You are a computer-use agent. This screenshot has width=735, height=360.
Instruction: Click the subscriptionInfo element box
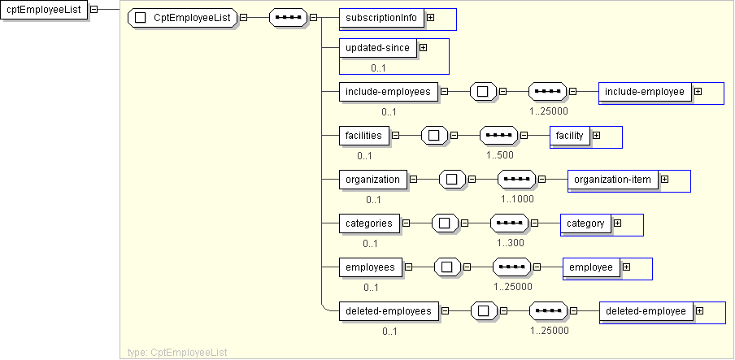[x=381, y=17]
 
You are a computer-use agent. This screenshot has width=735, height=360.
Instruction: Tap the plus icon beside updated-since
[x=423, y=48]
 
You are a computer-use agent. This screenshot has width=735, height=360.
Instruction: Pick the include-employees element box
[x=388, y=92]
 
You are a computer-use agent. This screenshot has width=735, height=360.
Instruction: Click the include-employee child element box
[x=644, y=92]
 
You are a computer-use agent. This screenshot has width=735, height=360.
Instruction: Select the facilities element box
[x=363, y=136]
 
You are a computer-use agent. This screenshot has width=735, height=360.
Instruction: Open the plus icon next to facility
[x=596, y=136]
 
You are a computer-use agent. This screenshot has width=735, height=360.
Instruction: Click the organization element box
[x=372, y=180]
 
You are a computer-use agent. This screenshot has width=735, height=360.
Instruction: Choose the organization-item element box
[x=612, y=180]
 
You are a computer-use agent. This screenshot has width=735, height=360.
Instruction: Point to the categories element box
[x=369, y=223]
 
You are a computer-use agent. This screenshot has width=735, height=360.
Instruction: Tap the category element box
[x=585, y=223]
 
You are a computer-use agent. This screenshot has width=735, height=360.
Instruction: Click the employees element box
[x=370, y=267]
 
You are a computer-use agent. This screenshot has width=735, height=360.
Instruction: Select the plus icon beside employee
[x=626, y=267]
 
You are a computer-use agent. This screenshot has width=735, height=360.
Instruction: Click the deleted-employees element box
[x=389, y=311]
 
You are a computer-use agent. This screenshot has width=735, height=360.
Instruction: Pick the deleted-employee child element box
[x=646, y=311]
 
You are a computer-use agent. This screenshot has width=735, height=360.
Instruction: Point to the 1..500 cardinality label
[x=500, y=155]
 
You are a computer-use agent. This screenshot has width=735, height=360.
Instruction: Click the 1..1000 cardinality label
[x=518, y=199]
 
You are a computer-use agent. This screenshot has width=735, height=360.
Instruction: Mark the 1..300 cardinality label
[x=511, y=243]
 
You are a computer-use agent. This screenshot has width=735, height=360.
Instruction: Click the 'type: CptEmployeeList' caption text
[x=177, y=352]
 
